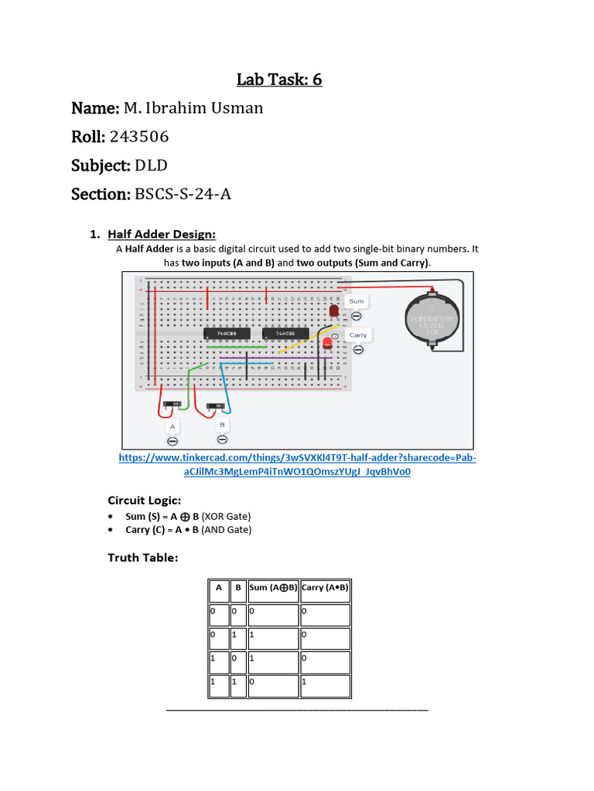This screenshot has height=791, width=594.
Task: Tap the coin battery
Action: click(x=432, y=320)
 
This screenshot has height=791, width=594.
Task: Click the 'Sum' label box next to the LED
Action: click(x=357, y=300)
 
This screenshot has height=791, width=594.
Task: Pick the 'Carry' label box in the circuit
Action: click(x=357, y=335)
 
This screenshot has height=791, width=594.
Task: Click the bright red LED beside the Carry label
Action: click(x=328, y=342)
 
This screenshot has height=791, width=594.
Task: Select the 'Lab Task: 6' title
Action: click(x=279, y=79)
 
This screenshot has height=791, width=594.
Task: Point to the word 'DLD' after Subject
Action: click(x=152, y=165)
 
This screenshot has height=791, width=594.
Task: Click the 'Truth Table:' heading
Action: click(x=142, y=557)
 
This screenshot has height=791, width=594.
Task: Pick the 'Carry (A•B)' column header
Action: click(x=325, y=588)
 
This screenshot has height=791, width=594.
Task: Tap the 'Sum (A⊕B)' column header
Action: click(x=273, y=588)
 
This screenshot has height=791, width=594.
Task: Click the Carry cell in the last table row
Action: click(x=325, y=684)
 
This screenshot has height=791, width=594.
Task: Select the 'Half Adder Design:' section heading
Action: click(x=162, y=234)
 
